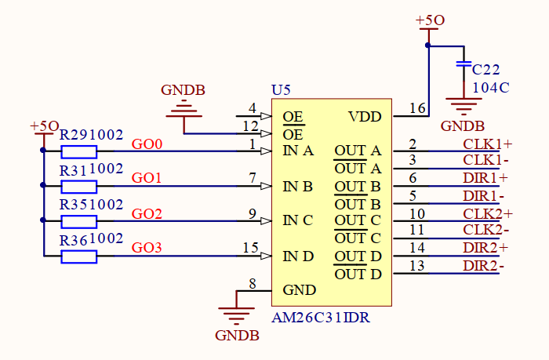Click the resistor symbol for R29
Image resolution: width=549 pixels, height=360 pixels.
(x=79, y=151)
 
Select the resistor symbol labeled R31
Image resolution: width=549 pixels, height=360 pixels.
(x=79, y=187)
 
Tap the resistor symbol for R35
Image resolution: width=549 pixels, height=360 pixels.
(x=79, y=221)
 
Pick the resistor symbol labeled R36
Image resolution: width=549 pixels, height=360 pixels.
(x=79, y=256)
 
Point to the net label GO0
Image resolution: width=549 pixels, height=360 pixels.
(x=147, y=144)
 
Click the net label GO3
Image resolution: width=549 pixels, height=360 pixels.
(x=147, y=249)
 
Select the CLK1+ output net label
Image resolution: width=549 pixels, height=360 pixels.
(x=487, y=144)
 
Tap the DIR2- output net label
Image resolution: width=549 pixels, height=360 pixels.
(x=483, y=266)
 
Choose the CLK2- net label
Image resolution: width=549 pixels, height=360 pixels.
(x=483, y=231)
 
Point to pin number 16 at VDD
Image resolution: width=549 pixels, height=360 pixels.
(x=417, y=109)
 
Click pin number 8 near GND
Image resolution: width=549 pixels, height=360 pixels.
(x=252, y=284)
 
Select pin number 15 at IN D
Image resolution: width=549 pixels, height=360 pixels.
(x=250, y=249)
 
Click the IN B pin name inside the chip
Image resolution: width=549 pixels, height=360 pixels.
(x=298, y=187)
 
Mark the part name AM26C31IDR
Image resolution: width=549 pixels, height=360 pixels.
(x=321, y=318)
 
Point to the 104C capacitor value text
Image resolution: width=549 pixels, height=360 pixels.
(x=490, y=87)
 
